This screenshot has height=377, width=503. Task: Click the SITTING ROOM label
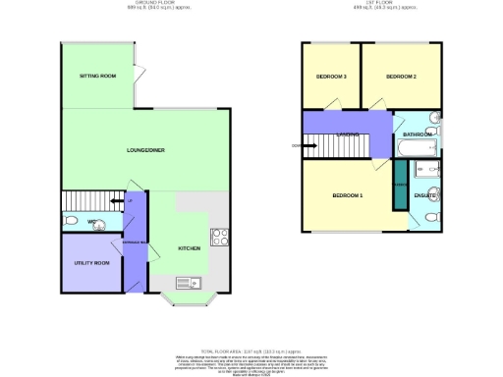pyautogui.click(x=98, y=76)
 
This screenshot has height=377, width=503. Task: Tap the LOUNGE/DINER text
pyautogui.click(x=145, y=150)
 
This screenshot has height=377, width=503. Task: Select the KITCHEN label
pyautogui.click(x=190, y=248)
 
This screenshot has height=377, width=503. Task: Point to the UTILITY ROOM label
pyautogui.click(x=90, y=263)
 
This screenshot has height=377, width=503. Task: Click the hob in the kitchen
pyautogui.click(x=221, y=237)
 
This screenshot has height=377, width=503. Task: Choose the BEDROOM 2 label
pyautogui.click(x=401, y=77)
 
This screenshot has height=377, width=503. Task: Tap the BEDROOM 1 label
pyautogui.click(x=348, y=196)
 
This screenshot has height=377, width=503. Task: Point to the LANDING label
pyautogui.click(x=346, y=135)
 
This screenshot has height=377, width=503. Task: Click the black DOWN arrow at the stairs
pyautogui.click(x=298, y=147)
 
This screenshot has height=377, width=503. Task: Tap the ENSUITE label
pyautogui.click(x=424, y=196)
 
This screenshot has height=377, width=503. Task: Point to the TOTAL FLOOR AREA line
pyautogui.click(x=251, y=350)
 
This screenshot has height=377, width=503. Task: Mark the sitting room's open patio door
pyautogui.click(x=140, y=74)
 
